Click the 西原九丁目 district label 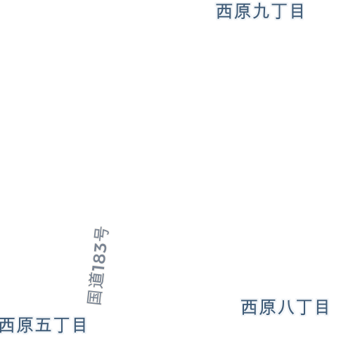pyautogui.click(x=259, y=11)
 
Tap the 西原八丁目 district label pyautogui.click(x=285, y=307)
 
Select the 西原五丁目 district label pyautogui.click(x=43, y=325)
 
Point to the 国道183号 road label pyautogui.click(x=98, y=266)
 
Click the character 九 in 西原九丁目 pyautogui.click(x=261, y=11)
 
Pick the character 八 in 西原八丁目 pyautogui.click(x=286, y=307)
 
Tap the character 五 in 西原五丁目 pyautogui.click(x=43, y=325)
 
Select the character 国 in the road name pyautogui.click(x=95, y=297)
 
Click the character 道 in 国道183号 pyautogui.click(x=96, y=281)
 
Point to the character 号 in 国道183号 pyautogui.click(x=101, y=233)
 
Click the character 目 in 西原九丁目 pyautogui.click(x=297, y=11)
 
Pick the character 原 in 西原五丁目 pyautogui.click(x=25, y=325)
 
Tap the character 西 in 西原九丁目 pyautogui.click(x=224, y=11)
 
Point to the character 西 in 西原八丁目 pyautogui.click(x=249, y=307)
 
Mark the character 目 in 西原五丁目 pyautogui.click(x=79, y=325)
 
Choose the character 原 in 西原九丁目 pyautogui.click(x=243, y=11)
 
